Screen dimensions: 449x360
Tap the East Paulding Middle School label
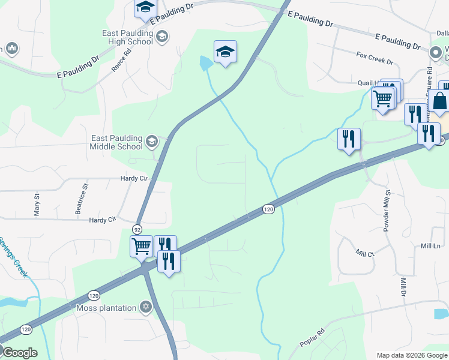(x=116, y=142)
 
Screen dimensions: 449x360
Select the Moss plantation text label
(x=106, y=308)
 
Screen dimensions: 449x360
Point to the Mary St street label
(x=37, y=204)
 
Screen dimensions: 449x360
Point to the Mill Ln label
(x=430, y=246)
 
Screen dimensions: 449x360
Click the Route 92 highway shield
(x=137, y=230)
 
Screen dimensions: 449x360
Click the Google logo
(x=19, y=353)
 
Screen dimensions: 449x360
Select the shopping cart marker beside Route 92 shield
(x=141, y=245)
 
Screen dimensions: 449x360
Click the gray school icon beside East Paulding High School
(x=161, y=37)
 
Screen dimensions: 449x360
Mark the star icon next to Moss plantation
(x=145, y=308)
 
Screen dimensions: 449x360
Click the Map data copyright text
(x=412, y=355)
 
